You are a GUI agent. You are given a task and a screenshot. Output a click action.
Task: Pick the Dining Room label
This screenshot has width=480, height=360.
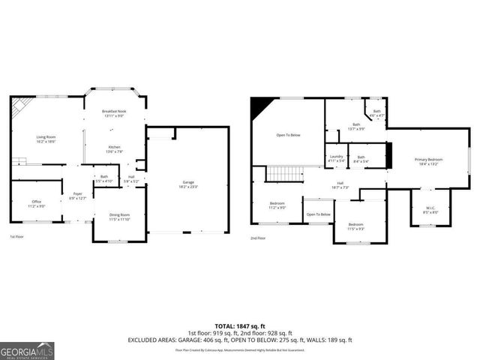coord(120,217)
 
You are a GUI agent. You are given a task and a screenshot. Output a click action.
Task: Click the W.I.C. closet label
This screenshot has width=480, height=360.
coord(430,210)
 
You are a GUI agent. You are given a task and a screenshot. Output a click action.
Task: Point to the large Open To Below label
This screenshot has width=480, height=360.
coord(288,135)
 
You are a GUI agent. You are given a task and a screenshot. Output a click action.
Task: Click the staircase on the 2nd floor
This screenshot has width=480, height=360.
coord(284,174)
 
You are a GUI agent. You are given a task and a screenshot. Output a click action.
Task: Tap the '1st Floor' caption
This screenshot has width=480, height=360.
coord(17,237)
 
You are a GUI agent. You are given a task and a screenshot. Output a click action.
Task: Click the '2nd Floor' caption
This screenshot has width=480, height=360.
coord(259,238)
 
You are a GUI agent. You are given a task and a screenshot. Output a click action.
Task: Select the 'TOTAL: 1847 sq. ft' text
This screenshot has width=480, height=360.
coord(240,326)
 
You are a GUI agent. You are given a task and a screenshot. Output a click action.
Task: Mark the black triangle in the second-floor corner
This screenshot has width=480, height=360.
coord(260,108)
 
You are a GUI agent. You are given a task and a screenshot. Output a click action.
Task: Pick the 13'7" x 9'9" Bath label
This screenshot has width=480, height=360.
coord(356,127)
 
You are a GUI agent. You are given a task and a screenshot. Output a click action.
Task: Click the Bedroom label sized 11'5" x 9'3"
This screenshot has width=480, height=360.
coord(355,226)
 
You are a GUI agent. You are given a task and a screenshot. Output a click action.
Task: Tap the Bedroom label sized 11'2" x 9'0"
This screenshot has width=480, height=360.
coord(277,205)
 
